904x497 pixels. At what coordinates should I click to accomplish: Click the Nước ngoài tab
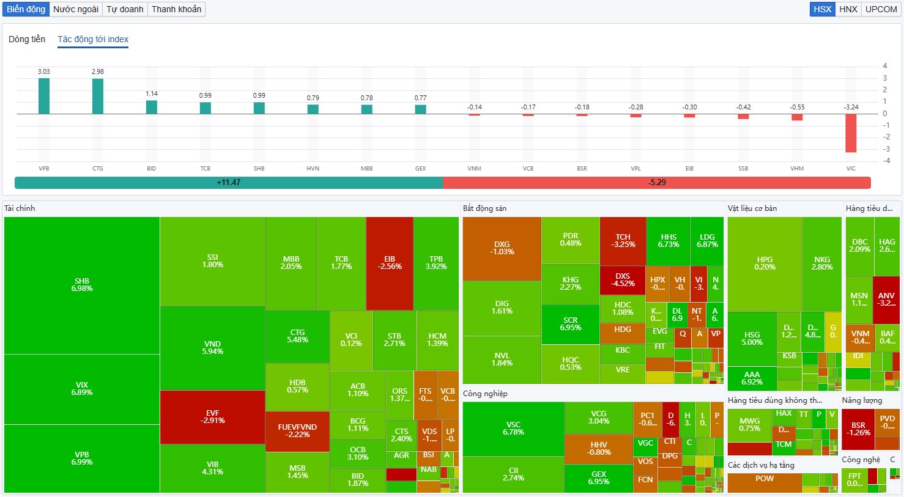[76, 9]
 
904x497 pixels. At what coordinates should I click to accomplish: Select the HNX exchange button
[848, 9]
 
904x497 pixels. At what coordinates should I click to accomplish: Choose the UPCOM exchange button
[881, 9]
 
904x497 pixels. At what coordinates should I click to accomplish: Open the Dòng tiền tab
[27, 39]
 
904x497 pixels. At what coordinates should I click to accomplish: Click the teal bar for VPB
[44, 96]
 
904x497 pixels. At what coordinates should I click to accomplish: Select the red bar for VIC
[851, 133]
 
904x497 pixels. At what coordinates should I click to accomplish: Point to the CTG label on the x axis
[98, 169]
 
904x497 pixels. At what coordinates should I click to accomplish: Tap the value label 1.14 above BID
[152, 94]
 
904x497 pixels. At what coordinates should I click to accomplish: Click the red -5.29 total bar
[656, 183]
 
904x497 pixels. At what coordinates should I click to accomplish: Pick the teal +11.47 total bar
[228, 183]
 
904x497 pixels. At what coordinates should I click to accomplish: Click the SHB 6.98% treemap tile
[82, 285]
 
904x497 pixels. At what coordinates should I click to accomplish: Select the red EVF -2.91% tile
[212, 417]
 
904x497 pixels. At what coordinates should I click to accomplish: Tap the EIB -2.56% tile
[390, 263]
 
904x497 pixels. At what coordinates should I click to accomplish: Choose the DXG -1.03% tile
[502, 248]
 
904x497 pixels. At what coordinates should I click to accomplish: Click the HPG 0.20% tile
[765, 263]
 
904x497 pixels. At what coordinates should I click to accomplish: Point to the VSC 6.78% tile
[513, 429]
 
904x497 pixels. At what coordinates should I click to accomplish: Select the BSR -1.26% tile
[858, 429]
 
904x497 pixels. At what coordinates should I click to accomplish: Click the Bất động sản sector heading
[484, 208]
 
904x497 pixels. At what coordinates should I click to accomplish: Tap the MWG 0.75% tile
[749, 425]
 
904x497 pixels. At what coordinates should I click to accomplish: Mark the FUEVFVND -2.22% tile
[297, 431]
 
